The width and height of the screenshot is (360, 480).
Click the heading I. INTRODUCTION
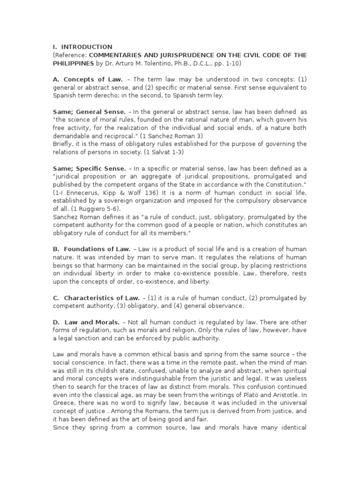point(82,47)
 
